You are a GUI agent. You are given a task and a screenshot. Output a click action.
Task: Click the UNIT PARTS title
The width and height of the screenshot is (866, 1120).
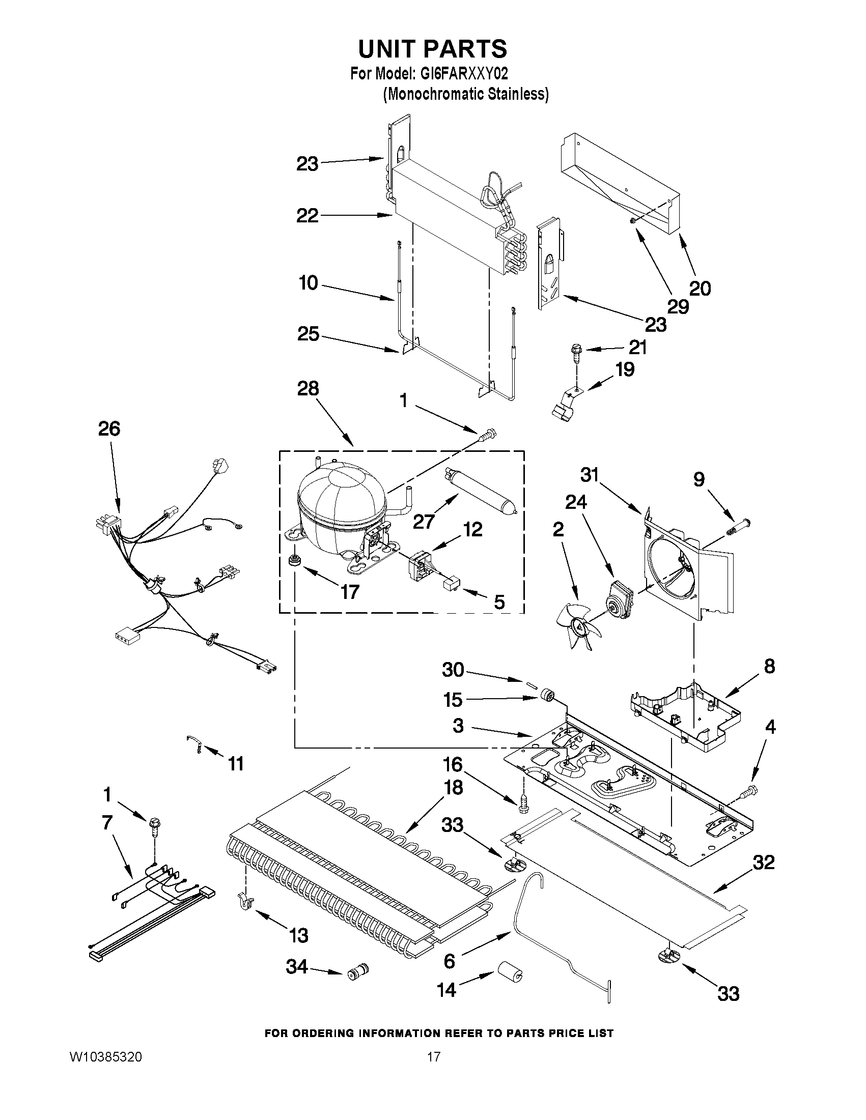click(x=432, y=49)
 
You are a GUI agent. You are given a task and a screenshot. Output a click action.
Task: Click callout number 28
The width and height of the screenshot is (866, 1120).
click(x=308, y=389)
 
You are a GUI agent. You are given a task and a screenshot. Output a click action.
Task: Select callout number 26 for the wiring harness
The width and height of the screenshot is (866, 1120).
click(x=109, y=429)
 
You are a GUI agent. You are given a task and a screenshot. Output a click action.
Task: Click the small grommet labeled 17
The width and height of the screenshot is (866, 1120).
click(x=294, y=559)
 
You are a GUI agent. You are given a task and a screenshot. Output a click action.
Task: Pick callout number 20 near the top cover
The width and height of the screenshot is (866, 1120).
click(x=699, y=289)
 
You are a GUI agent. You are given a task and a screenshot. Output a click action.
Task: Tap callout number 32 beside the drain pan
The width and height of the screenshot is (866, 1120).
click(x=763, y=863)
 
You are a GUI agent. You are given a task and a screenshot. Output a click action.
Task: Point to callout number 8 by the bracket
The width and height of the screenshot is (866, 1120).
click(x=770, y=667)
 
